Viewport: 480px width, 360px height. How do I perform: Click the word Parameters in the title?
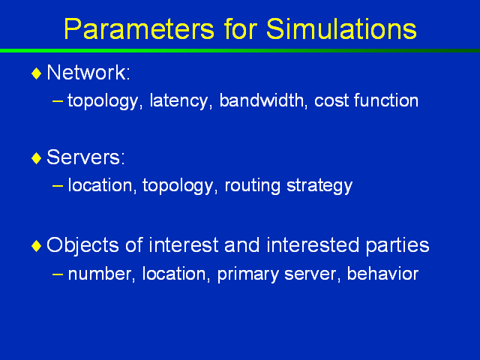click(x=139, y=29)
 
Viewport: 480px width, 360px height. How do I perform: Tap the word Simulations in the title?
click(x=341, y=29)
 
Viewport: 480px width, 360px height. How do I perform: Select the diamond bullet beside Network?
click(x=37, y=73)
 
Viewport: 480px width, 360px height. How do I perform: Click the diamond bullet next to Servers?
click(x=37, y=158)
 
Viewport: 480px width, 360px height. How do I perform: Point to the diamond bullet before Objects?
click(x=37, y=246)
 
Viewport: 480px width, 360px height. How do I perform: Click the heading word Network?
click(x=88, y=73)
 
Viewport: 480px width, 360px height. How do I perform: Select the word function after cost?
click(x=386, y=100)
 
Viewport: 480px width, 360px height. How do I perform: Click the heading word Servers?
click(x=85, y=157)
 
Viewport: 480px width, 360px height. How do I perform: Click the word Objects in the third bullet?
click(x=82, y=246)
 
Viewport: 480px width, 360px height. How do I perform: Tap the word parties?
click(x=397, y=246)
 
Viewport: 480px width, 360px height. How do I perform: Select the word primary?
click(x=247, y=274)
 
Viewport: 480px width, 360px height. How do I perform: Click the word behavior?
click(x=382, y=273)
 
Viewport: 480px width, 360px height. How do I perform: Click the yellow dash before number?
click(x=57, y=274)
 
